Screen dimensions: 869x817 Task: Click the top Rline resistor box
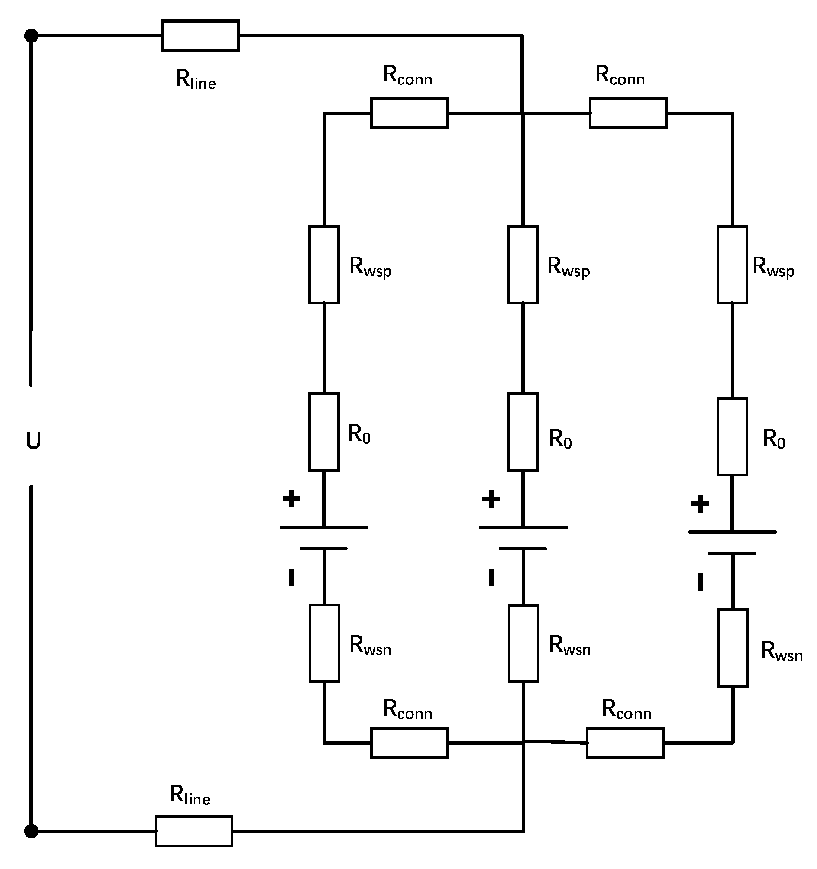click(x=200, y=36)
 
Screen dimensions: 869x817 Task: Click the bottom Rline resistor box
click(x=194, y=831)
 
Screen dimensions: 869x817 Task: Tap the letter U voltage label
click(x=33, y=441)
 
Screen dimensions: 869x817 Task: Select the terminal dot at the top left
click(x=31, y=36)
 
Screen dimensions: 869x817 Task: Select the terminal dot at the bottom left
click(x=31, y=831)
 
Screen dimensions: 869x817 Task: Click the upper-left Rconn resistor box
click(x=409, y=113)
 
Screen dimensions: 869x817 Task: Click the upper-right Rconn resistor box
click(x=628, y=113)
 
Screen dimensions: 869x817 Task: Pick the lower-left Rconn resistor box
click(x=409, y=743)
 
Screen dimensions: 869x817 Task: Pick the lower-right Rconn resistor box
click(x=625, y=743)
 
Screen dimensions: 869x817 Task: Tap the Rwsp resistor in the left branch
click(x=324, y=265)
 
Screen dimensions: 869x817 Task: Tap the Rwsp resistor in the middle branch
click(x=523, y=265)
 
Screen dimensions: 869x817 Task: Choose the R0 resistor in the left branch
click(x=324, y=431)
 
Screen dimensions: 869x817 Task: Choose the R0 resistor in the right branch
click(x=732, y=436)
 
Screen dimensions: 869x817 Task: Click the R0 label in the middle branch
click(x=560, y=439)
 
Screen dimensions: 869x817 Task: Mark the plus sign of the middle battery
click(x=491, y=499)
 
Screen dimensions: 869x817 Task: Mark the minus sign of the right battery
click(x=700, y=582)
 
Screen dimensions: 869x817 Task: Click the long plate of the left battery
click(x=324, y=527)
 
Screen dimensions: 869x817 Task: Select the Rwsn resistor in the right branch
click(x=732, y=648)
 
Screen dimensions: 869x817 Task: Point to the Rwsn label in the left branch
click(x=370, y=645)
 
